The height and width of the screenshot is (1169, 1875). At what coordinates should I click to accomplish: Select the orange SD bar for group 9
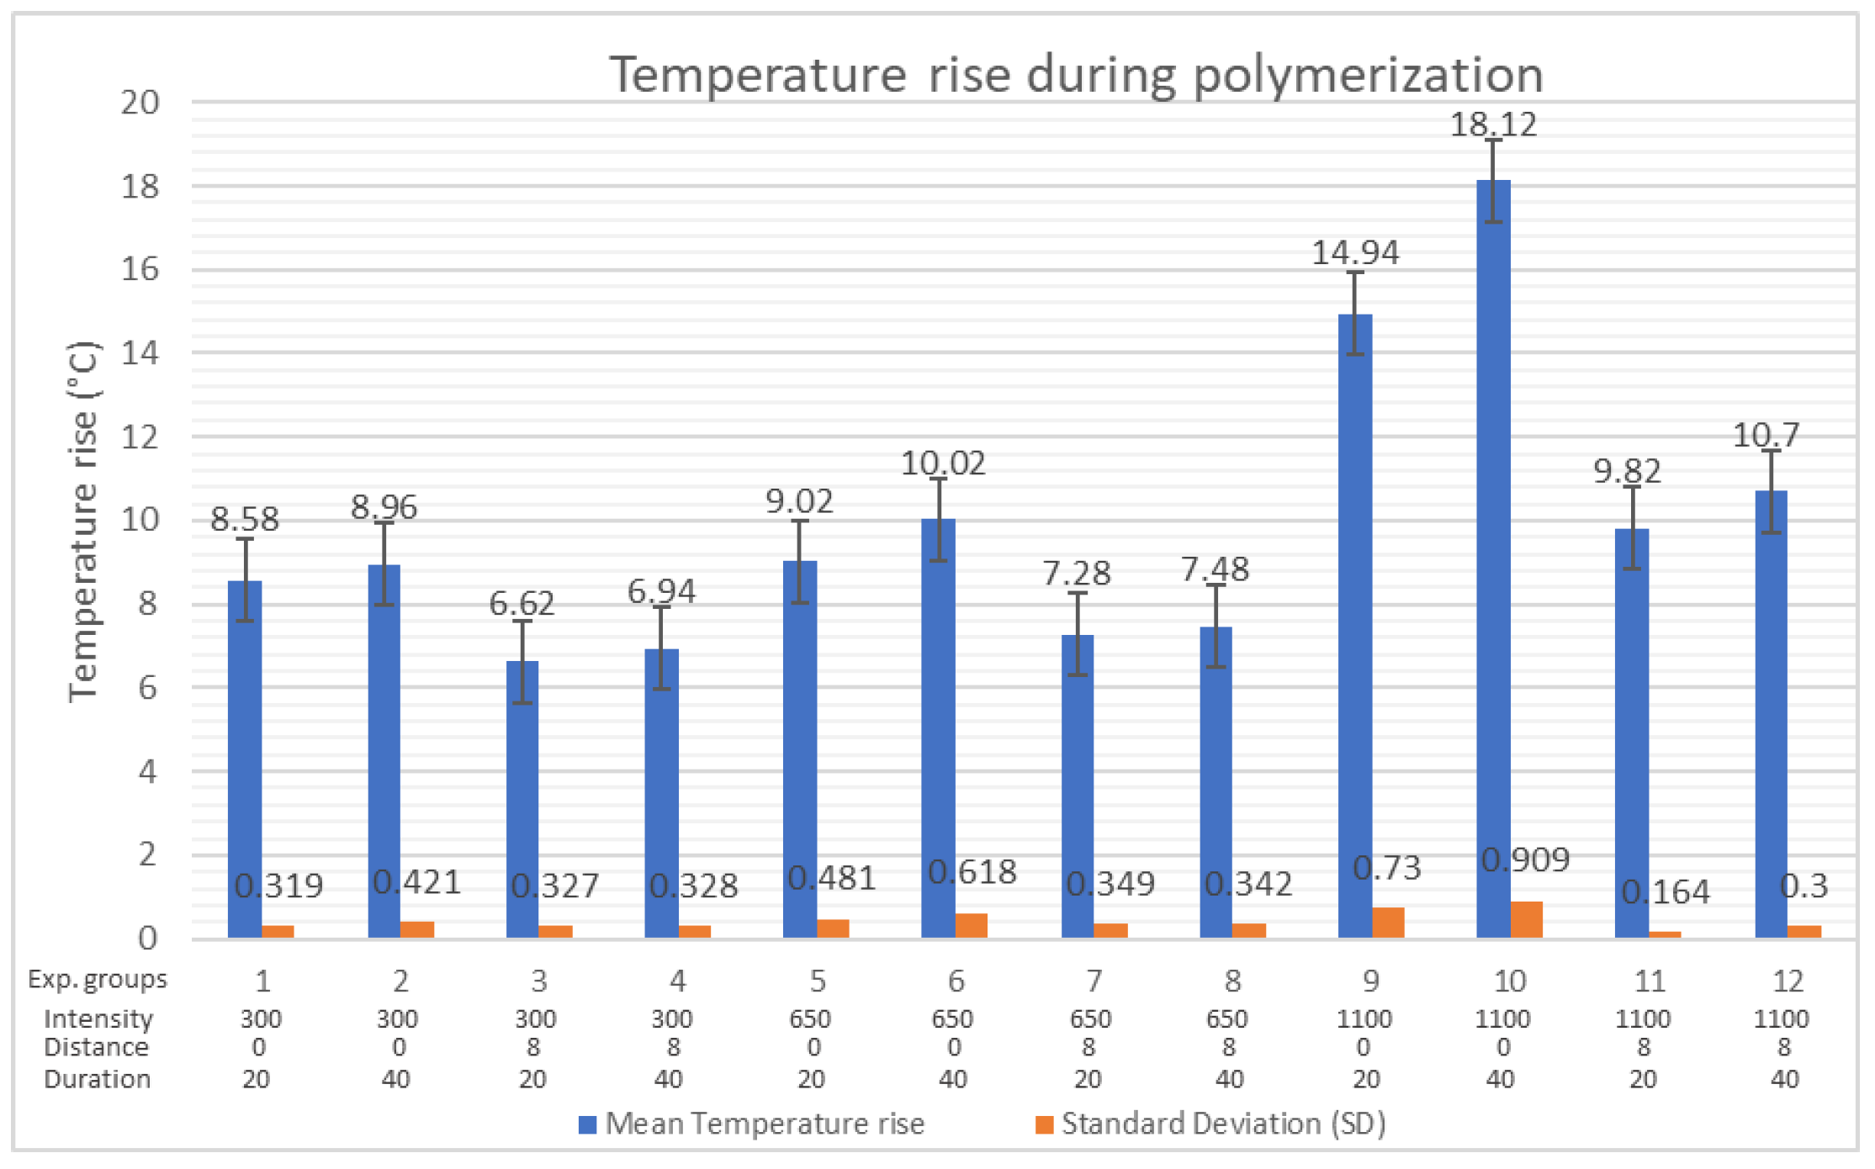(x=1389, y=923)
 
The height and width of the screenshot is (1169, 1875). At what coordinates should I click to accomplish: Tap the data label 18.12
(x=1493, y=124)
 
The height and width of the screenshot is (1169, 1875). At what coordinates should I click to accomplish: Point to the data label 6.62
(x=522, y=603)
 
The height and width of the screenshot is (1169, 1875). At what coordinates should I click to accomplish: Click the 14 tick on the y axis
(x=140, y=352)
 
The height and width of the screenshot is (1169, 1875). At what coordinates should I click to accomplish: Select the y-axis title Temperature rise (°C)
(x=84, y=521)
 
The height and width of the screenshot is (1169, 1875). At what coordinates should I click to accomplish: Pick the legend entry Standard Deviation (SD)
(x=1223, y=1124)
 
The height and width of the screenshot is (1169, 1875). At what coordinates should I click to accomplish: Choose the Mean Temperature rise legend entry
(x=764, y=1124)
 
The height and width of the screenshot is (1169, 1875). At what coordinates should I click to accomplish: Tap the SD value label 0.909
(x=1525, y=860)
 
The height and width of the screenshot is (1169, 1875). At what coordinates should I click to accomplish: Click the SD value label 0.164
(x=1665, y=891)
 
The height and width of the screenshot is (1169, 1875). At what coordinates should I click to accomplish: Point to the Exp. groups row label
(x=98, y=979)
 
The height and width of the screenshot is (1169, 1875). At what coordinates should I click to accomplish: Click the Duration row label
(x=98, y=1079)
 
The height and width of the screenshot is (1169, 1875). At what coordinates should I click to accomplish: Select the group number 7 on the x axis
(x=1094, y=981)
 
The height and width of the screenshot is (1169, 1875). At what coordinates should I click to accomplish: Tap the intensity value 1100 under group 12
(x=1781, y=1019)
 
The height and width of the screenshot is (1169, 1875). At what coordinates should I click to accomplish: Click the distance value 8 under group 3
(x=534, y=1048)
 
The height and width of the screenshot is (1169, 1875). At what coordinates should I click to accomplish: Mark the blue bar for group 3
(x=522, y=799)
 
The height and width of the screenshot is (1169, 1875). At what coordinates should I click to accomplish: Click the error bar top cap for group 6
(x=939, y=479)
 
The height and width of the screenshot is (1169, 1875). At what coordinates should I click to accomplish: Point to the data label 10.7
(x=1766, y=435)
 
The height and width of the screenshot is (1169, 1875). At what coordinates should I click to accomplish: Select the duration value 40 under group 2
(x=396, y=1079)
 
